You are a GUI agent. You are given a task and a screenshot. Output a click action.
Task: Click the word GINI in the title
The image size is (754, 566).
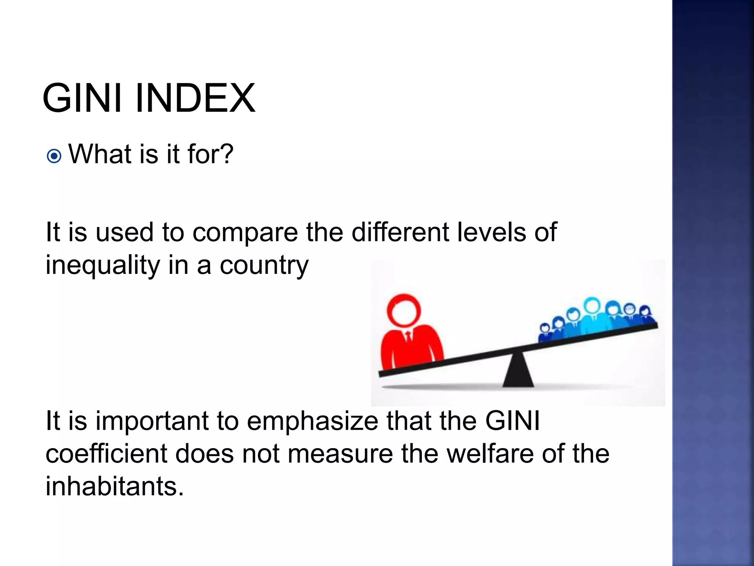click(82, 98)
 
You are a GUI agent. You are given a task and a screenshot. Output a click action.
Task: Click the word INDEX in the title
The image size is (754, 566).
click(195, 98)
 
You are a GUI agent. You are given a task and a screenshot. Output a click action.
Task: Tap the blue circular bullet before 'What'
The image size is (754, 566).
click(54, 156)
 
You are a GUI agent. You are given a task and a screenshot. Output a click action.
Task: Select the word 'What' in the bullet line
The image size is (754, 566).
click(100, 154)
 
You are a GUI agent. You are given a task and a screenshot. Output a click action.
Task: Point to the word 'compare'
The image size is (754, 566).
click(245, 233)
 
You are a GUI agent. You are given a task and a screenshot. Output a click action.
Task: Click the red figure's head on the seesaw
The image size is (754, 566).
click(404, 310)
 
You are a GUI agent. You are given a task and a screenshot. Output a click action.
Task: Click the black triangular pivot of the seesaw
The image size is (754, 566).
click(518, 370)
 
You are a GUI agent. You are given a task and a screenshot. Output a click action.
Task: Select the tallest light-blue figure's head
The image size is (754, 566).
click(592, 305)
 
